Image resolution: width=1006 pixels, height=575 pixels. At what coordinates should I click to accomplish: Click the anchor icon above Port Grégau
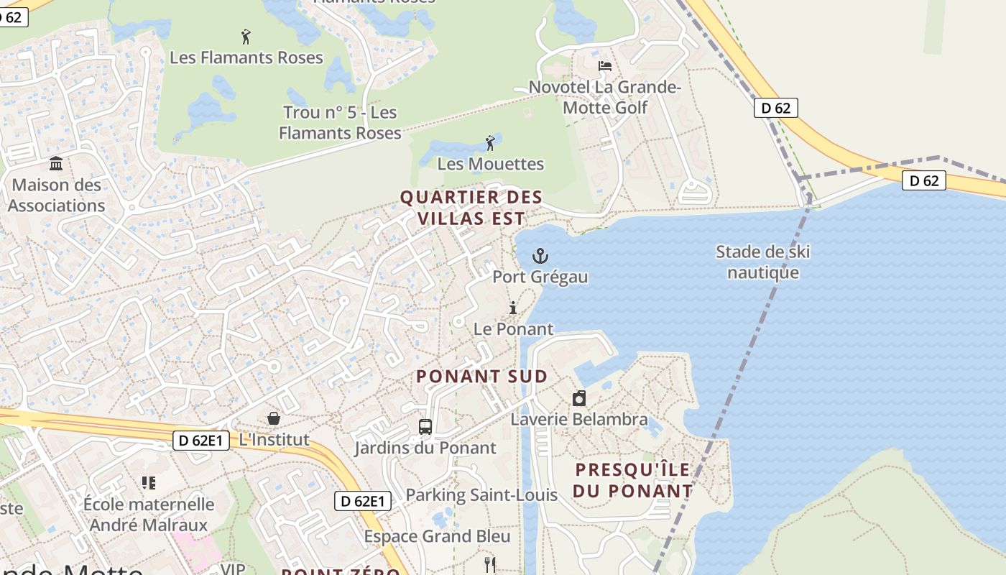tap(540, 256)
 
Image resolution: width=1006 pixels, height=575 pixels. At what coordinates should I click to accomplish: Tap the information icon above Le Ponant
tap(513, 308)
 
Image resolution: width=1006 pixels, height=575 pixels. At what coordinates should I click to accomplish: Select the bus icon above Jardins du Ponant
tap(425, 427)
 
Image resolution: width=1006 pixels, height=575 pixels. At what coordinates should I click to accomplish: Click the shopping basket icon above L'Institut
tap(274, 418)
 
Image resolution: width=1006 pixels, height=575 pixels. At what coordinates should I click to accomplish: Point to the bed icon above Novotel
tap(605, 66)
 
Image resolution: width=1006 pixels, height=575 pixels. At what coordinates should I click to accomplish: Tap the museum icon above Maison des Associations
tap(56, 164)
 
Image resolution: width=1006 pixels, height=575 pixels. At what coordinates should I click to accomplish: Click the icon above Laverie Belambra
tap(579, 398)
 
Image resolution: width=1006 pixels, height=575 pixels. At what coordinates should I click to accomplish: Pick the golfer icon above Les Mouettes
tap(491, 142)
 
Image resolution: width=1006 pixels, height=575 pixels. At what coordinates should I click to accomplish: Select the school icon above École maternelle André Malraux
tap(149, 483)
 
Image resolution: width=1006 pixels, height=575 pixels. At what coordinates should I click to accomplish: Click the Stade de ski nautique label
tap(763, 262)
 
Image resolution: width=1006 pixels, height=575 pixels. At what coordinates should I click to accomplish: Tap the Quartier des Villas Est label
tap(471, 208)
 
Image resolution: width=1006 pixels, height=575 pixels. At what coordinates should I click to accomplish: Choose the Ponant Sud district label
tap(481, 376)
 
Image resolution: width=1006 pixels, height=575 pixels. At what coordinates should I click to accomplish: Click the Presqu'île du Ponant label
tap(632, 480)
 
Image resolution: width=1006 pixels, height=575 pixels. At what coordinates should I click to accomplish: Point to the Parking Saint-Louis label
tap(481, 495)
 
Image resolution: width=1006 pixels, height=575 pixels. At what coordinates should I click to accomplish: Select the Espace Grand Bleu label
tap(437, 536)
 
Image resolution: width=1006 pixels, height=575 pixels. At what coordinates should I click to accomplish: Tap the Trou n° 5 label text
tap(340, 123)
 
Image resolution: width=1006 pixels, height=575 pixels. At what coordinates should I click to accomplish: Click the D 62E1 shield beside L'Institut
tap(200, 440)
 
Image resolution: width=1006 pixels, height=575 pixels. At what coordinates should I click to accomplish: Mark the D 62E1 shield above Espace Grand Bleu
tap(363, 501)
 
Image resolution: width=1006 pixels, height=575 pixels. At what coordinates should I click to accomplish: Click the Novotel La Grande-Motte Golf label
tap(604, 98)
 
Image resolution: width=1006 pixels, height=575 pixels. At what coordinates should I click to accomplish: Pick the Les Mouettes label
tap(491, 164)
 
